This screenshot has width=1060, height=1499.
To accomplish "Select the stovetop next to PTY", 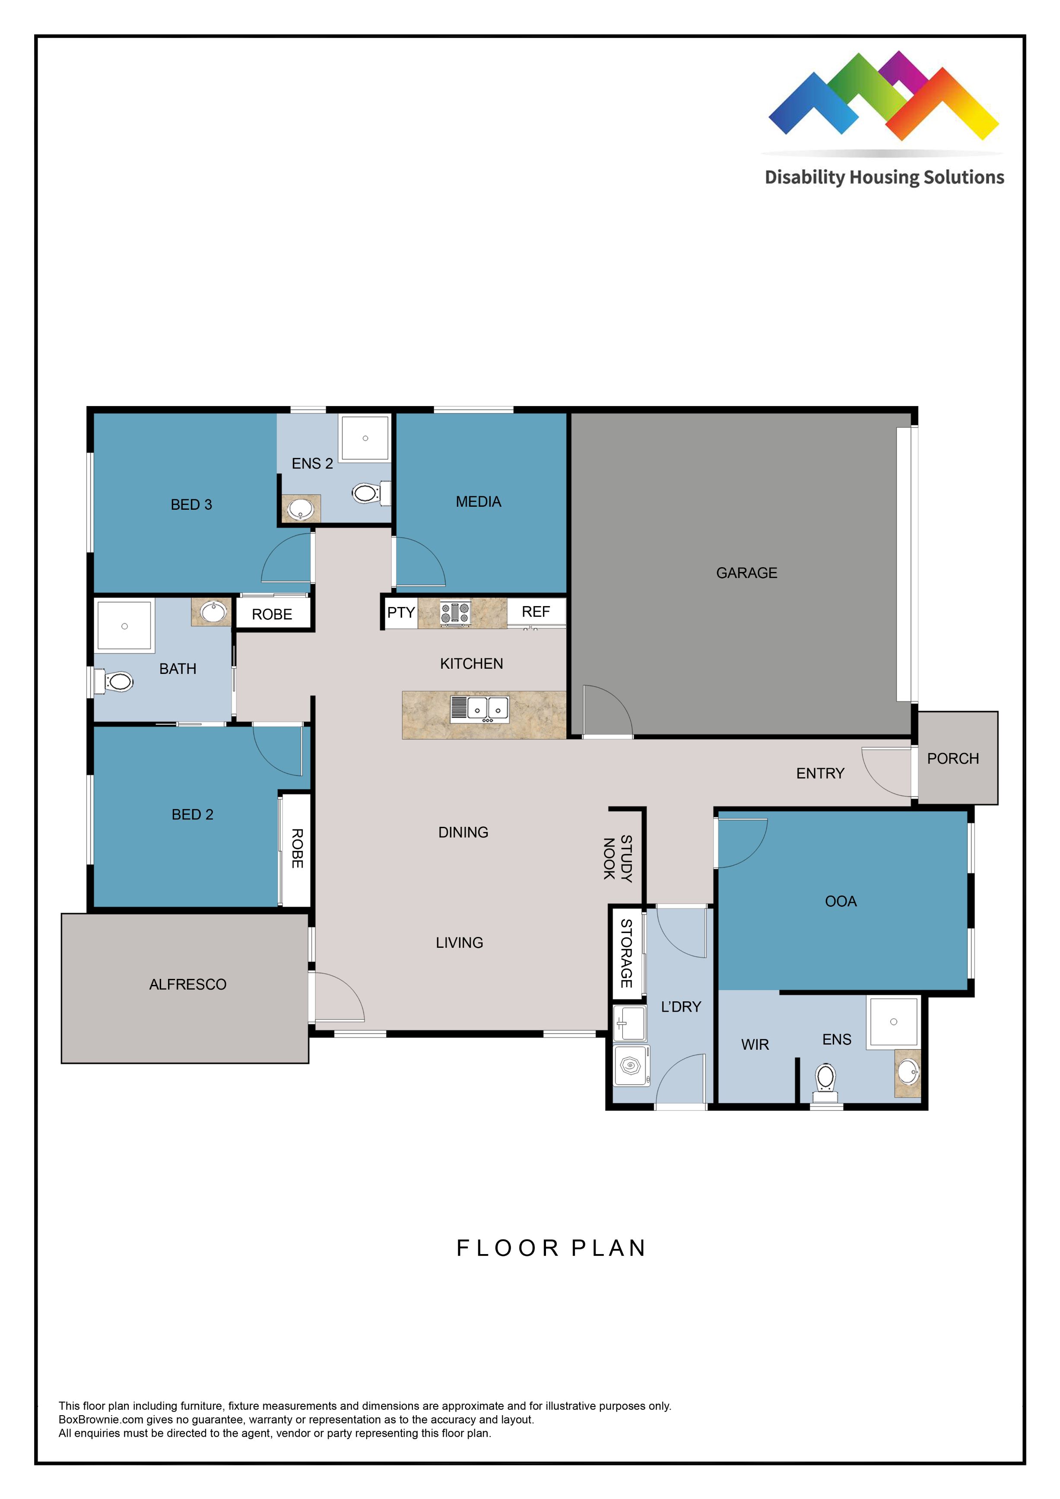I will coord(455,613).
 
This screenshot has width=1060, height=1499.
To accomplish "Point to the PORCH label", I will coord(952,759).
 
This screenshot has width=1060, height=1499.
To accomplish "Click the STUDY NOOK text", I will coord(617,858).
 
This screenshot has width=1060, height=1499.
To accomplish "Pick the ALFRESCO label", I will coord(187,985).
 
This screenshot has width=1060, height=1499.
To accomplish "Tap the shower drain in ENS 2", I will coord(365,438).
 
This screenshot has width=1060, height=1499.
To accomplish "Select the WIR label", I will coord(755,1045).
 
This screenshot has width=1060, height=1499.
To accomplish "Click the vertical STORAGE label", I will coord(626,953).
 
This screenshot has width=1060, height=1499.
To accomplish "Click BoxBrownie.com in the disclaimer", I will coord(101,1420).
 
